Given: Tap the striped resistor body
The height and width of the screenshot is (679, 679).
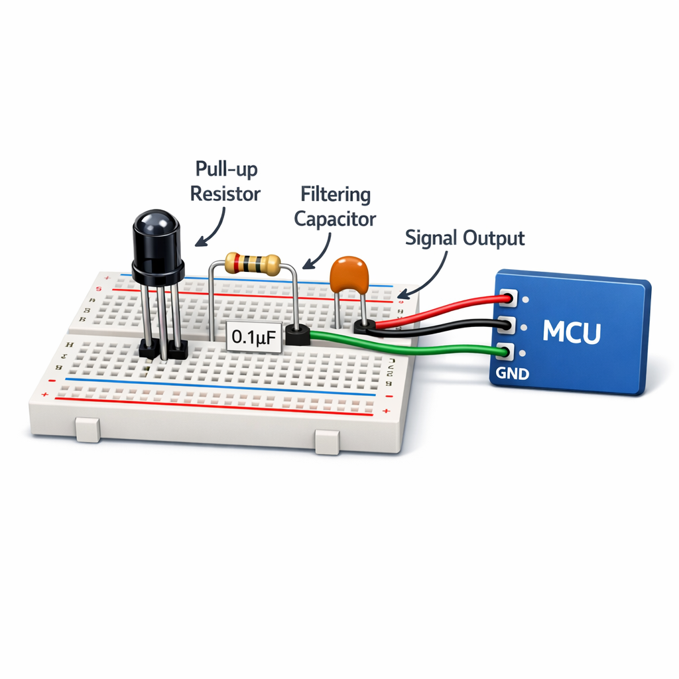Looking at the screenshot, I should point(251,264).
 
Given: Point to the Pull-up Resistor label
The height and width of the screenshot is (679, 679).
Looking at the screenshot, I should point(225,182).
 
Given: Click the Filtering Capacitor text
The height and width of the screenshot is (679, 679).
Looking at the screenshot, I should point(335,206).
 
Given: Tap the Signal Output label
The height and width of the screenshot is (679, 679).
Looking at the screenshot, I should point(465,238).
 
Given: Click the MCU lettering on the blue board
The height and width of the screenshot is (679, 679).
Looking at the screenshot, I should point(571,332).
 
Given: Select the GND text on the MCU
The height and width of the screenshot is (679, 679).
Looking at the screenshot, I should point(512,374).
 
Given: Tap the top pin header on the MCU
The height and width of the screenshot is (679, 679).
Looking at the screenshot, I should point(509,299).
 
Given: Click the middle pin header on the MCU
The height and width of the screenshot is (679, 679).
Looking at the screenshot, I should point(508,325).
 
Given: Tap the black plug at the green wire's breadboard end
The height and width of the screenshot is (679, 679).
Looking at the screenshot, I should point(297,336).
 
